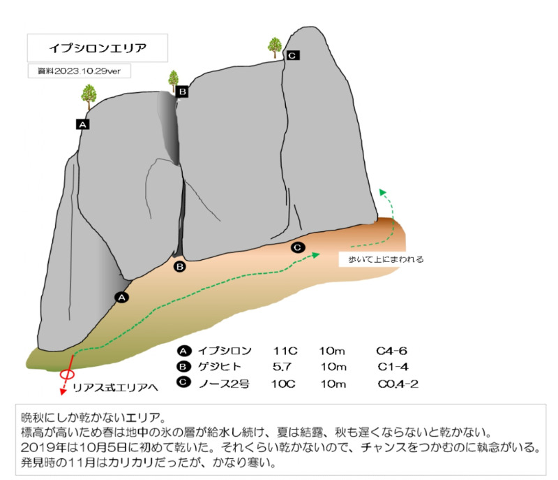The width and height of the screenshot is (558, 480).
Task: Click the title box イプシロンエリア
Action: pos(97,49)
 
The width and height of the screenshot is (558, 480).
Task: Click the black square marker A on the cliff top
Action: pos(83,124)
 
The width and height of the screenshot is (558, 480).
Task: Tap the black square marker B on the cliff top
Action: pos(182,91)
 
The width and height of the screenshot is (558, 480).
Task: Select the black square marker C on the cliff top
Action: pos(292,55)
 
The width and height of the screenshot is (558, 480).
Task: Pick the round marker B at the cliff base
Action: pos(179,266)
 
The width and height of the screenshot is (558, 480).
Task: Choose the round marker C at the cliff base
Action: pos(297,247)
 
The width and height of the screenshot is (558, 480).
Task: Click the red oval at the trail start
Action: pos(68,373)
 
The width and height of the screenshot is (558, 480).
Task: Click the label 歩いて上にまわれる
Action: pos(381,259)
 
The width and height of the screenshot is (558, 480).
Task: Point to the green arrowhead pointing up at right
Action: pos(382,190)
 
